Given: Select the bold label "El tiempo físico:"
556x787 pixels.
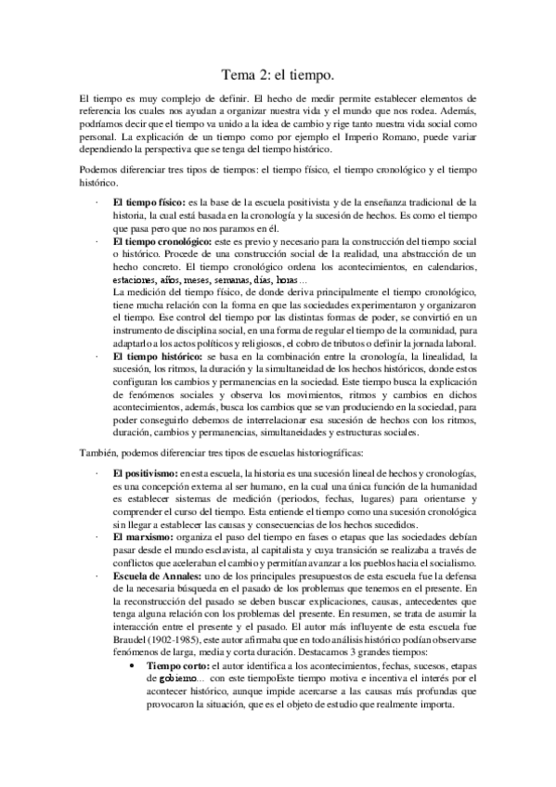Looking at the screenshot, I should pyautogui.click(x=148, y=201).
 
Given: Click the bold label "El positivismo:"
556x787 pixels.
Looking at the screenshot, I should pyautogui.click(x=146, y=473).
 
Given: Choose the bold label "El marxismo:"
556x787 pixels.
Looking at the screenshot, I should pyautogui.click(x=143, y=537).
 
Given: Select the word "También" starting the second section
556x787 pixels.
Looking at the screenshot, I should pyautogui.click(x=97, y=451).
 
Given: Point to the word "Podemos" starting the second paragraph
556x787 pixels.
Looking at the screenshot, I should pyautogui.click(x=100, y=170).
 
